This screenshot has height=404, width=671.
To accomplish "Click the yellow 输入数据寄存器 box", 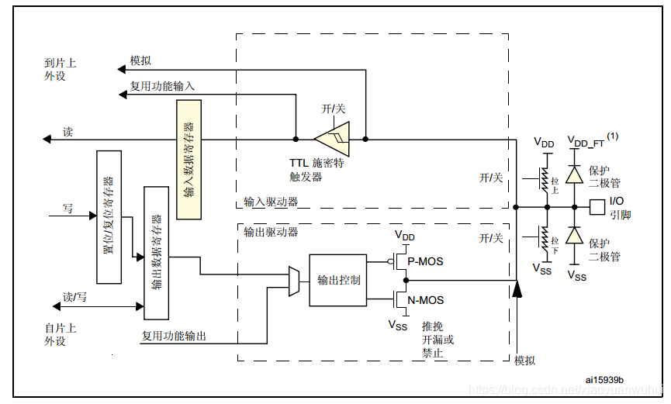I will [189, 159].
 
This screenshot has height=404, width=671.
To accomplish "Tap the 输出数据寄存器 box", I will [156, 253].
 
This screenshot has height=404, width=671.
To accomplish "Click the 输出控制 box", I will [338, 280].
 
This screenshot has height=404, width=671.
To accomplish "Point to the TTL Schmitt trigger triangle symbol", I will [333, 140].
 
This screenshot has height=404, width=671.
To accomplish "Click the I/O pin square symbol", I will [597, 207].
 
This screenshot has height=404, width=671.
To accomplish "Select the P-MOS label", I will [425, 261].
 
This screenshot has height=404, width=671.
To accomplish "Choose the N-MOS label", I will [425, 300].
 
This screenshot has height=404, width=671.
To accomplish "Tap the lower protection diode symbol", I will [574, 236].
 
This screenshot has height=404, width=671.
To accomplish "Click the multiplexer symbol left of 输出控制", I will [294, 281].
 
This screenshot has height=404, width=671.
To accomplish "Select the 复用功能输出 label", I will [174, 336].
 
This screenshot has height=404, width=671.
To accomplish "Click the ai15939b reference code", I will [605, 379].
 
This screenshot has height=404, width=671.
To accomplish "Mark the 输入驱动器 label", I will [271, 202].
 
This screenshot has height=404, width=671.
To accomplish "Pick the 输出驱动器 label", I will [271, 231].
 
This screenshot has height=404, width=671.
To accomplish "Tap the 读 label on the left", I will [68, 133].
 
